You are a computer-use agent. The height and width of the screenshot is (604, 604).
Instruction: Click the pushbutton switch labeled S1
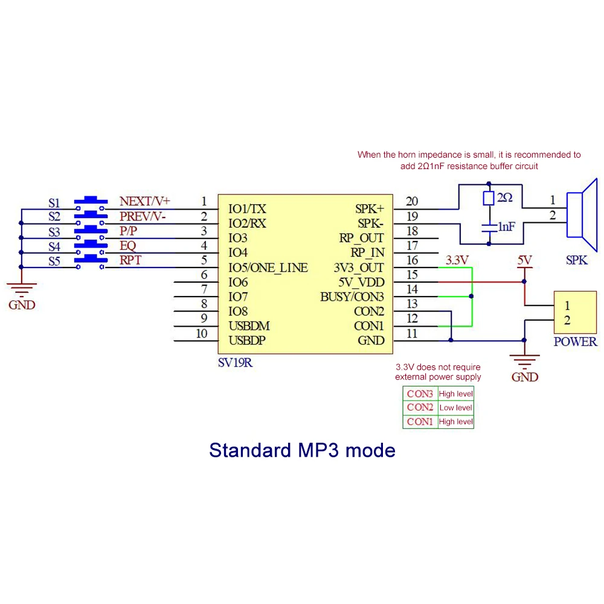click(91, 202)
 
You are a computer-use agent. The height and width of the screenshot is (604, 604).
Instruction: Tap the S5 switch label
click(54, 262)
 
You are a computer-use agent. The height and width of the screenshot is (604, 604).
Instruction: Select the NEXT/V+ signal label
click(145, 202)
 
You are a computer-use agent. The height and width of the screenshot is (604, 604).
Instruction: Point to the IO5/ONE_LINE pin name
click(268, 268)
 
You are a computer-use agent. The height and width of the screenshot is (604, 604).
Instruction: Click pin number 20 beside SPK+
click(412, 202)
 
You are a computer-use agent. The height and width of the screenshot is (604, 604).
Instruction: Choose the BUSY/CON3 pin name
click(352, 297)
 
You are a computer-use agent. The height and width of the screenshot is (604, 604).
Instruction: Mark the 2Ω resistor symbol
click(489, 198)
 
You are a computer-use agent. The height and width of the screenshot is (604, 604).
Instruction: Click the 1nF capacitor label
click(506, 226)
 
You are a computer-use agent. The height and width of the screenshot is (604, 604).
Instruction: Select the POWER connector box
click(574, 312)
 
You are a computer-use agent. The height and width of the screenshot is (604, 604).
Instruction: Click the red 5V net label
click(524, 260)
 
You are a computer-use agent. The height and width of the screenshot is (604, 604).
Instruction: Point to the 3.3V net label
click(457, 260)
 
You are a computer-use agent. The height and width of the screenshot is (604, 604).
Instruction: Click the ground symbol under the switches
click(22, 285)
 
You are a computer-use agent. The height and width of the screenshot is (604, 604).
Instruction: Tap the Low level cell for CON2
click(455, 408)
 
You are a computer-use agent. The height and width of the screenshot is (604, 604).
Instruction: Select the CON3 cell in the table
click(420, 394)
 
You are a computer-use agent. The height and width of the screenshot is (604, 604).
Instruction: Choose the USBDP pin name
click(249, 341)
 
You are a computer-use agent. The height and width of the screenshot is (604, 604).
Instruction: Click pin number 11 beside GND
click(412, 333)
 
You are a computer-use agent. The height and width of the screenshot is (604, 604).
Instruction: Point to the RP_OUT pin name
click(361, 238)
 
